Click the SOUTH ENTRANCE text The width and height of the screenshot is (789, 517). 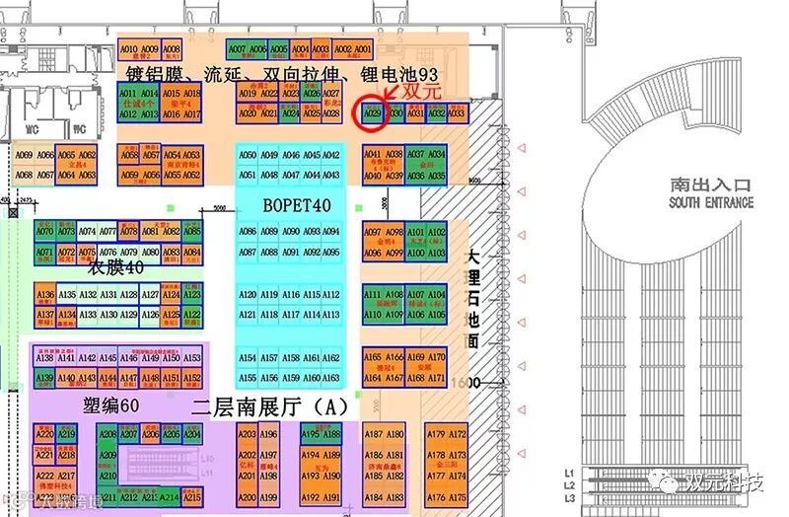pos(710,202)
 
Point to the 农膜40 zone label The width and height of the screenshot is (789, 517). pos(116,267)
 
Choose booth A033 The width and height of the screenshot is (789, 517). pos(457,113)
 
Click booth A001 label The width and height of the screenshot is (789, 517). pos(363,48)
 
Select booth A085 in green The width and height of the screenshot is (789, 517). pos(192,231)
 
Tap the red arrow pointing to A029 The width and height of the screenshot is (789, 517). pos(394,94)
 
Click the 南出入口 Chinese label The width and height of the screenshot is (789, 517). pos(710,185)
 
